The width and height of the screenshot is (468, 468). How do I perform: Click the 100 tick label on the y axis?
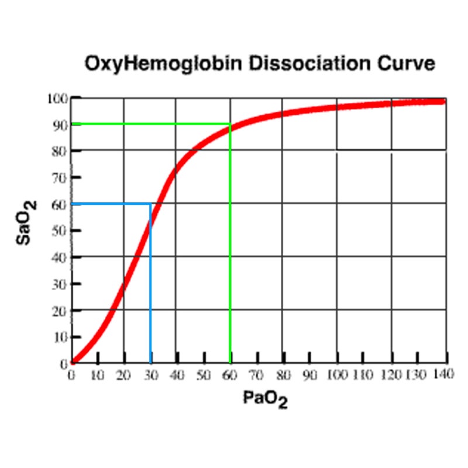57,98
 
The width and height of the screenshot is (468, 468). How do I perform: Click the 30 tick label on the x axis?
150,375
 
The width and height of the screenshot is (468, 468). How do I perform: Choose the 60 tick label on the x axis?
230,375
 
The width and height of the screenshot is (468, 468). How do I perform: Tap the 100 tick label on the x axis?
336,375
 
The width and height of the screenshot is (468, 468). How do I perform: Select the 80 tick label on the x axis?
283,375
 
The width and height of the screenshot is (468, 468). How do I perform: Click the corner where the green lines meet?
230,123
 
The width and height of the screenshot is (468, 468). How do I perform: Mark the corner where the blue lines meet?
151,204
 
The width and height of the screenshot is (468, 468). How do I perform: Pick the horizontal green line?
146,123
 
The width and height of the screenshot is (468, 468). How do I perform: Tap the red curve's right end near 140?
442,101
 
